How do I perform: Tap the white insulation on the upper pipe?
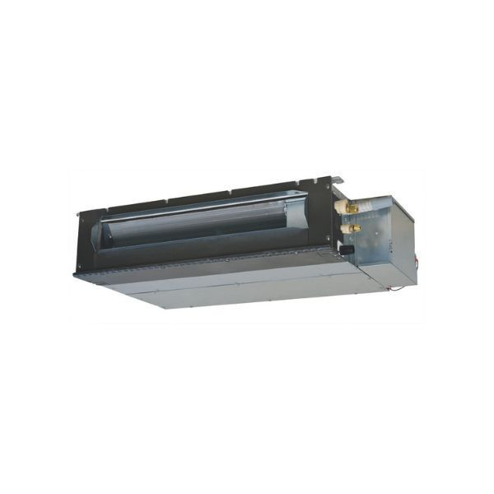coord(346,205)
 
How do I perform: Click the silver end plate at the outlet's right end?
coord(301,216)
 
